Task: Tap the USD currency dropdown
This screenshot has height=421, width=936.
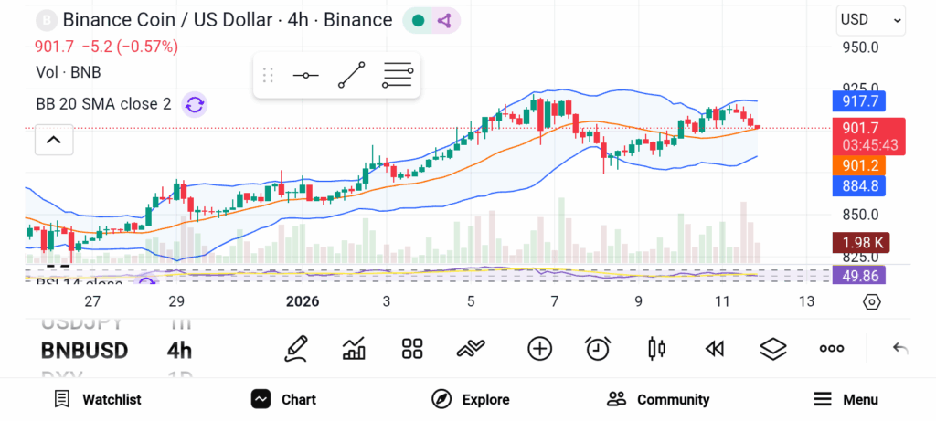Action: (x=869, y=19)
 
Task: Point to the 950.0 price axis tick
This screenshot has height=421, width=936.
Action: (x=860, y=47)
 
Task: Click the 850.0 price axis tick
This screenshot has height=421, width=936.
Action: (x=860, y=215)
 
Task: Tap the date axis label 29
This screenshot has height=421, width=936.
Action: (x=176, y=301)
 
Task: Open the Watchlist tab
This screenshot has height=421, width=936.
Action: (x=98, y=399)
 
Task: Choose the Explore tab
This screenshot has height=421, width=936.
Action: (x=471, y=399)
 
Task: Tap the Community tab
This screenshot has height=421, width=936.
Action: (x=658, y=399)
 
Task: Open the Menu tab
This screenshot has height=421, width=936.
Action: (x=846, y=399)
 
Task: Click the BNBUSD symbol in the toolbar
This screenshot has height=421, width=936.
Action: (x=84, y=350)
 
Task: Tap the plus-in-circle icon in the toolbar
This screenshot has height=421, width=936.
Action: (x=540, y=348)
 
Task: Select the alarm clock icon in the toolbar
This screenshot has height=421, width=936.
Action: (x=598, y=348)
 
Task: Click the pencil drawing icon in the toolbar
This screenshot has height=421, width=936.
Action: (x=295, y=348)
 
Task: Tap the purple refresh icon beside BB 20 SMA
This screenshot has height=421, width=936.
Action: (x=194, y=104)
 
